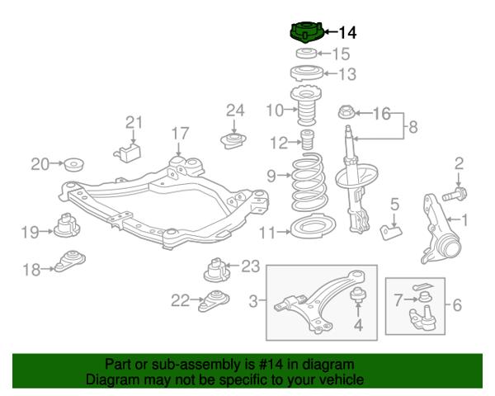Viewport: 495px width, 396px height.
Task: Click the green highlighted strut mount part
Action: [x=306, y=33]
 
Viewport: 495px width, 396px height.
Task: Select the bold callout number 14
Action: [x=347, y=32]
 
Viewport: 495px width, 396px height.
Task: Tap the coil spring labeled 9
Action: [x=309, y=182]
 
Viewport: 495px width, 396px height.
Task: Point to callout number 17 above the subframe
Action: [x=180, y=134]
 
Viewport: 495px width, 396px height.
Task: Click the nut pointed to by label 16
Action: [x=346, y=112]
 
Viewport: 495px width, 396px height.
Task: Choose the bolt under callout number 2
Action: [x=455, y=194]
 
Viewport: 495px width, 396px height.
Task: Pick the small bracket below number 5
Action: [x=391, y=232]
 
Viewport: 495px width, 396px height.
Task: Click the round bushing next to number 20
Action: [x=74, y=163]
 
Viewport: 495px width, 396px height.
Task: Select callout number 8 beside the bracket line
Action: [x=413, y=127]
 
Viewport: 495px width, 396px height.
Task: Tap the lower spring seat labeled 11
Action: [x=313, y=227]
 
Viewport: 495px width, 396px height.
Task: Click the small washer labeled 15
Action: [x=306, y=53]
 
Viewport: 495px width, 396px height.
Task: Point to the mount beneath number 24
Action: [x=233, y=141]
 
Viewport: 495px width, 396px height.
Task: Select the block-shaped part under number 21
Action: [x=128, y=152]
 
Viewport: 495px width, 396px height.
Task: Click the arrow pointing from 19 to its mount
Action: [x=46, y=232]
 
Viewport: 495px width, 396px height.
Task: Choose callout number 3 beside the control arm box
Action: [x=253, y=301]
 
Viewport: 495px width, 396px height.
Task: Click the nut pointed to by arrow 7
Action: [x=424, y=297]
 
